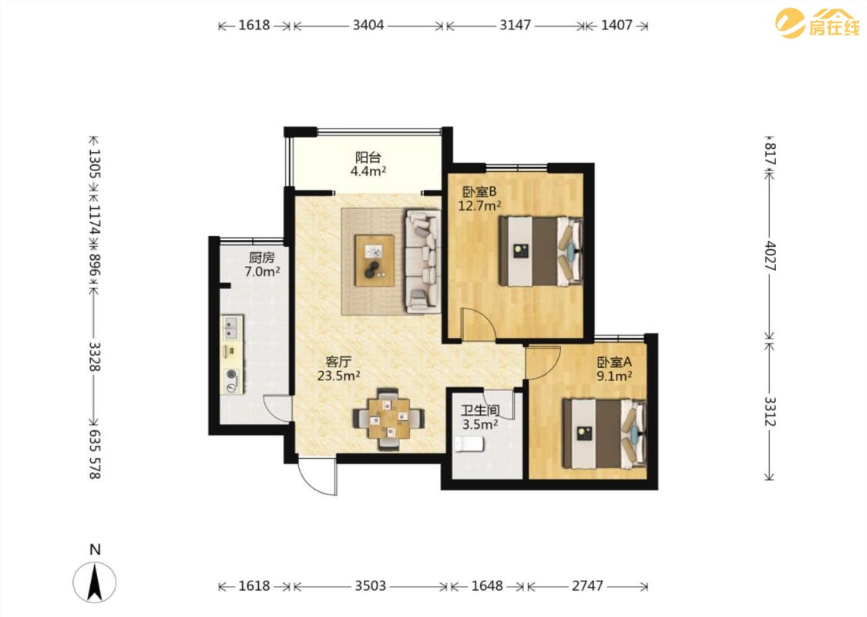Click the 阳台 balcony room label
point(368,157)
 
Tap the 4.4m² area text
point(368,171)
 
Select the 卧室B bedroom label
point(479,192)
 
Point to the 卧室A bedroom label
point(613,362)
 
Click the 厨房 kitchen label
point(261,258)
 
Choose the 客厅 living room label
point(338,362)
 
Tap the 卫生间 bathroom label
point(480,410)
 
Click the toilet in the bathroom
point(469,443)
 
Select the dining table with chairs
point(389,419)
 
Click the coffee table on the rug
point(375,261)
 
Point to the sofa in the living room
point(423,261)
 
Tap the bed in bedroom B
point(541,251)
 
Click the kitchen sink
point(232,327)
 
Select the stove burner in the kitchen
point(232,376)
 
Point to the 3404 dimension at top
point(368,25)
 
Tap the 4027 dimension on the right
point(770,255)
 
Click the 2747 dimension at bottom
point(587,585)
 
